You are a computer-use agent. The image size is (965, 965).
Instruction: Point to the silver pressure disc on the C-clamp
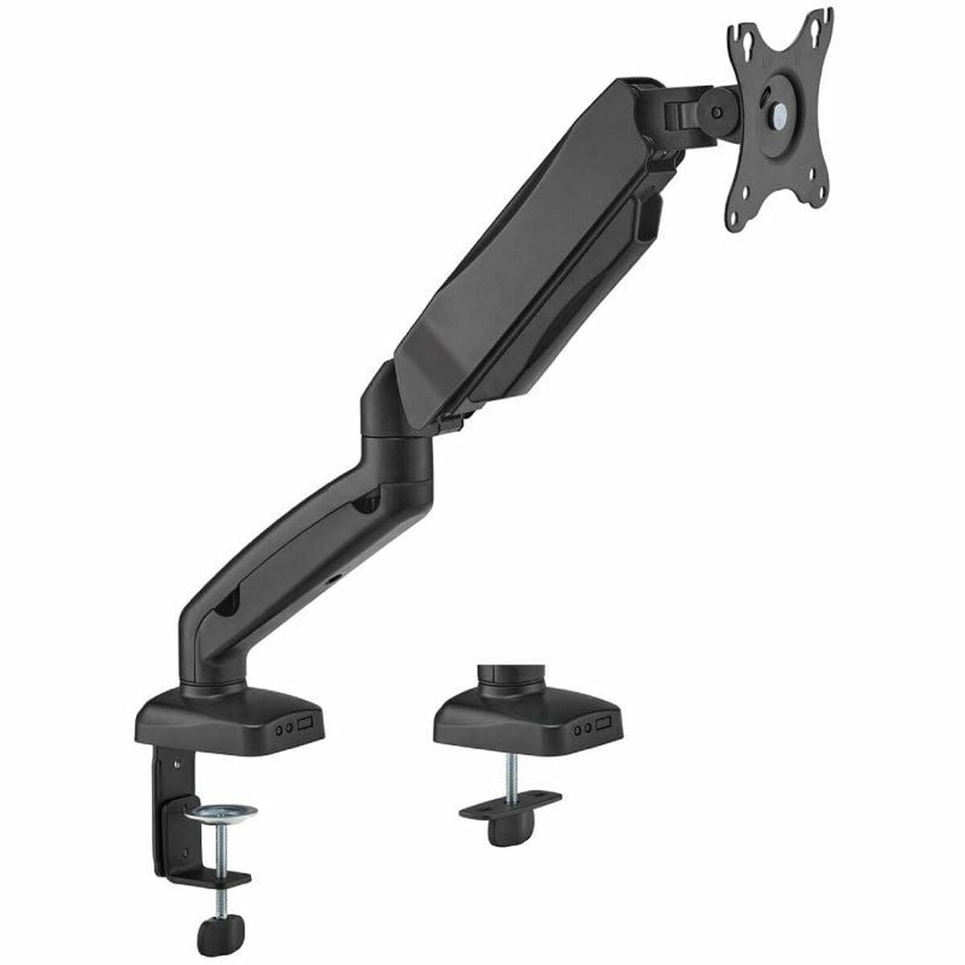point(220,814)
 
